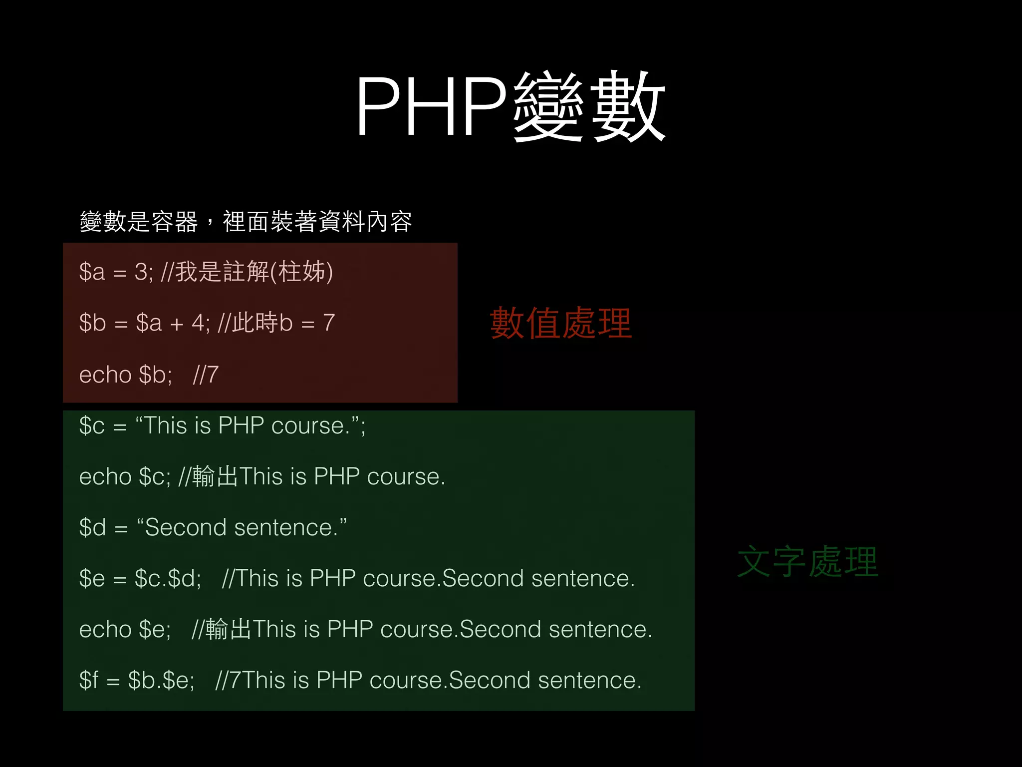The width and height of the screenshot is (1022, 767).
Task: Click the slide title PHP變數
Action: coord(510,106)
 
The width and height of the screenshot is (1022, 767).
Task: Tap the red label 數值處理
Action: coord(561,324)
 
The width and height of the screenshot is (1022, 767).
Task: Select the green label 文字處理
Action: coord(807,562)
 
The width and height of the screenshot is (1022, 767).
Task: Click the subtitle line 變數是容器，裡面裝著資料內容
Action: coord(246,222)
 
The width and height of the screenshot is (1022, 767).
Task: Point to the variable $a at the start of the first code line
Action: coord(92,272)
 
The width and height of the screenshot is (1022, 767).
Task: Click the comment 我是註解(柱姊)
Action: coord(254,272)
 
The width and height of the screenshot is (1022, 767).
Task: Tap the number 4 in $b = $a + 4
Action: coord(198,323)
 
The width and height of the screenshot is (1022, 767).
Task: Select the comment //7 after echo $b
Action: coord(206,375)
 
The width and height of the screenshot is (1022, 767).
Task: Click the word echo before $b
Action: coord(105,375)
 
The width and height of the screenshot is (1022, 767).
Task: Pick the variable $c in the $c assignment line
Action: coord(92,426)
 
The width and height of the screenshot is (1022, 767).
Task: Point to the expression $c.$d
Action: coord(168,579)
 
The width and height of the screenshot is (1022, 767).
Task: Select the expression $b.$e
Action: coord(161,681)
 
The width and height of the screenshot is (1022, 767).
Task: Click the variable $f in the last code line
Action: coord(89,681)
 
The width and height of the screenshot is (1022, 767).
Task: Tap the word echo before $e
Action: coord(105,630)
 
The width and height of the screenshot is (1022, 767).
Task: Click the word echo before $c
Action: coord(105,477)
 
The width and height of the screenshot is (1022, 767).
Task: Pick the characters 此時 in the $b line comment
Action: coord(255,323)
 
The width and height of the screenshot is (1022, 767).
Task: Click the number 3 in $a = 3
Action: coord(141,272)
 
